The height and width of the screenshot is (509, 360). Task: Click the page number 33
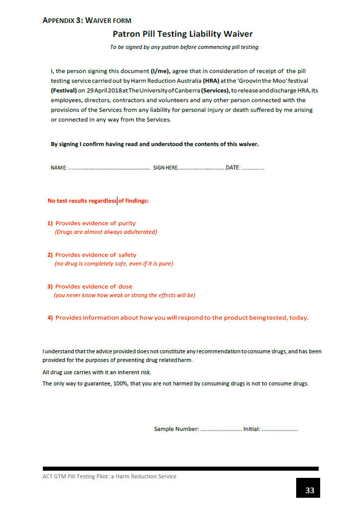pyautogui.click(x=309, y=491)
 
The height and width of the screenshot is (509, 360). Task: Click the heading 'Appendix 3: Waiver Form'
pyautogui.click(x=87, y=20)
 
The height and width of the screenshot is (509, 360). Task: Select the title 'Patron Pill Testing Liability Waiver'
pyautogui.click(x=182, y=34)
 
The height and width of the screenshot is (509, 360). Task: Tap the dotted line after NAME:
pyautogui.click(x=109, y=168)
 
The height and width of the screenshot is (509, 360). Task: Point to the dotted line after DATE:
pyautogui.click(x=253, y=168)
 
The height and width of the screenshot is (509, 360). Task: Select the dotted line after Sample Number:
pyautogui.click(x=221, y=429)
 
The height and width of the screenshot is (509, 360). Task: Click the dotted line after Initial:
pyautogui.click(x=280, y=429)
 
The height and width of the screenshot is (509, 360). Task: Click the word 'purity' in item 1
pyautogui.click(x=127, y=223)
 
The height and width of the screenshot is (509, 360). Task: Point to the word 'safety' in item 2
pyautogui.click(x=127, y=255)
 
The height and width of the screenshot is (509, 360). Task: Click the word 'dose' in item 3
pyautogui.click(x=125, y=286)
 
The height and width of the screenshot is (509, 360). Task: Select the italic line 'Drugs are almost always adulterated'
pyautogui.click(x=106, y=232)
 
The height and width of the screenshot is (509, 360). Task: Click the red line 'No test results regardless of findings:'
pyautogui.click(x=98, y=201)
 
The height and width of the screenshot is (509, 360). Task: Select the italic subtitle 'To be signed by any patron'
pyautogui.click(x=184, y=47)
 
